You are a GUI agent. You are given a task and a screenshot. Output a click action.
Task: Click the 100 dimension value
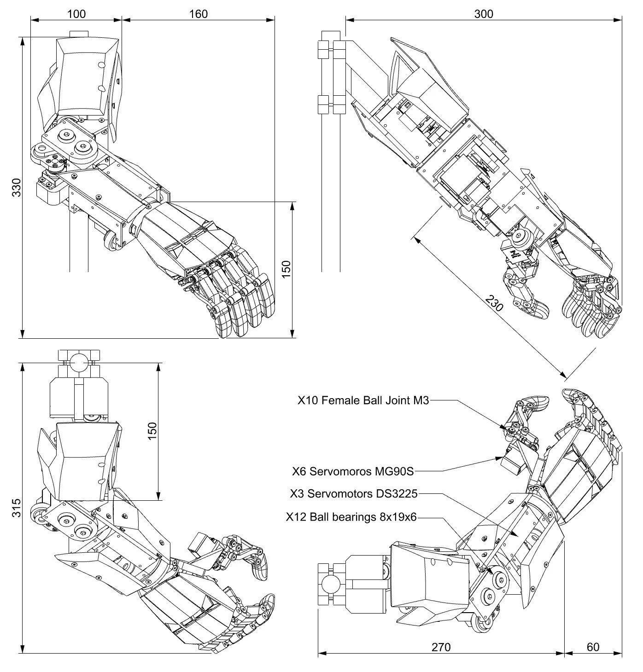pos(76,14)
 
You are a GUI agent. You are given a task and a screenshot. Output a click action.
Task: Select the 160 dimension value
pos(199,14)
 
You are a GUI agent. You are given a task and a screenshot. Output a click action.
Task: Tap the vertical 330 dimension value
pos(17,187)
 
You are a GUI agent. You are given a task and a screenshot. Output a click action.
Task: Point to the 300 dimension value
pos(484,14)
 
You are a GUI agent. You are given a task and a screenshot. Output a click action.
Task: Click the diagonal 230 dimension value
pos(493,304)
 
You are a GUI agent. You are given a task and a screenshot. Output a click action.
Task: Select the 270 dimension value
pos(441,647)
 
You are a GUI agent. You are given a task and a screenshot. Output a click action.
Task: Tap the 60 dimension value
pos(593,647)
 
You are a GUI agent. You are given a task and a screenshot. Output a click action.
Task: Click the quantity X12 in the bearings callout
pos(295,517)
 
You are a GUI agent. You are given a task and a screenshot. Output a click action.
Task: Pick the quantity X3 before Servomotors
pos(298,494)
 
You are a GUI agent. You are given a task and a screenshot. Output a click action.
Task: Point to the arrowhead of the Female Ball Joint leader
pos(507,429)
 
